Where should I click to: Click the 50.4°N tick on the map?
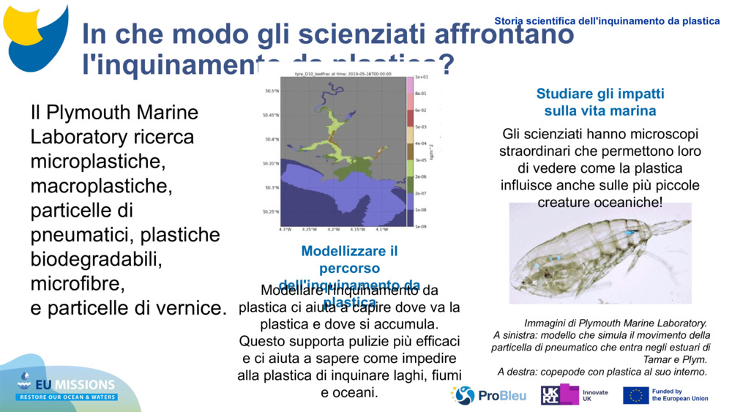(x=272, y=139)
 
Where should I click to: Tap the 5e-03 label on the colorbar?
(x=420, y=126)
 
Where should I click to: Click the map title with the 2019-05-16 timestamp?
(x=343, y=74)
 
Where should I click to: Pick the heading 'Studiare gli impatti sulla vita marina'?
(x=600, y=102)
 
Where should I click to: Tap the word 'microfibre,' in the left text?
(x=78, y=282)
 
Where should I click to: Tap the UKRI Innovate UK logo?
(x=575, y=395)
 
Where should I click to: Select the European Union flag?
(x=635, y=395)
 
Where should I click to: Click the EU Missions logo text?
(x=78, y=385)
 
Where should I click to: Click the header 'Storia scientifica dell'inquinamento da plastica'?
(x=607, y=21)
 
